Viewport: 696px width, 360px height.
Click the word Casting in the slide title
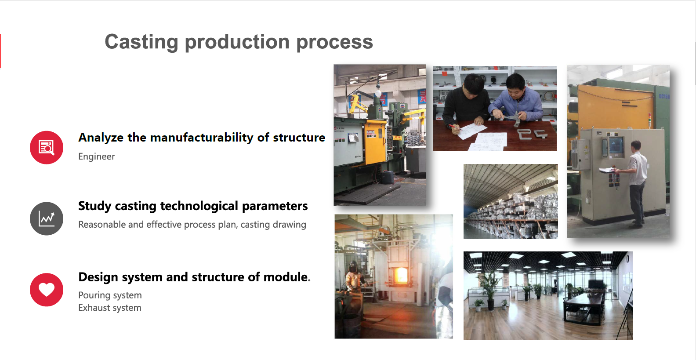(x=141, y=42)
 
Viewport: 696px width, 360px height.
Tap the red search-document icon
(x=47, y=147)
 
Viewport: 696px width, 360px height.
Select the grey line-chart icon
(x=47, y=218)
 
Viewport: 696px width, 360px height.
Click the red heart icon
(x=47, y=290)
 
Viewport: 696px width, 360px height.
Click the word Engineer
(x=97, y=156)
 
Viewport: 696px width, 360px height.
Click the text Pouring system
(x=110, y=295)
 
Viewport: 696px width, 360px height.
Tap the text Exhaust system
(x=110, y=308)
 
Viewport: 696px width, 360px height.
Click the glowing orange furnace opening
(x=401, y=275)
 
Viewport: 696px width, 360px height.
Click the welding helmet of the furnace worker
(x=353, y=267)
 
